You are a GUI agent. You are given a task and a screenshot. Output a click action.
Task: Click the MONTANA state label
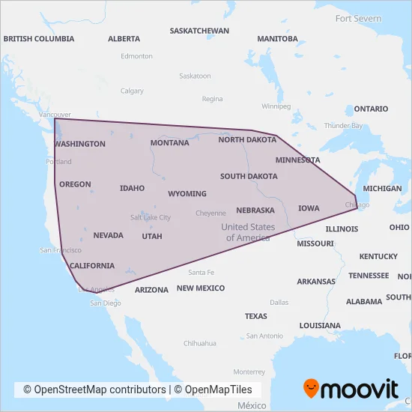coord(169,142)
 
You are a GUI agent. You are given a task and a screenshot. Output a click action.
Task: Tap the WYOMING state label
coord(187,193)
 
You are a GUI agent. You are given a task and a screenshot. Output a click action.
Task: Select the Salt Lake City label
coord(151,217)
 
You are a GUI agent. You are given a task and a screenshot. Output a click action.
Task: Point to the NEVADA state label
coord(108,235)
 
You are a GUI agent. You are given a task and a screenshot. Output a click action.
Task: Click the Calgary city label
coord(132,91)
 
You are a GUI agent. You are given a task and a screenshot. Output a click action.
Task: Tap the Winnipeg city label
coord(276,106)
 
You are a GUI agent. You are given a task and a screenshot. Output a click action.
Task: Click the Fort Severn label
coord(358,18)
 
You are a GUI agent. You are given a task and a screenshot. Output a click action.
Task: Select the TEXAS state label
coord(255,316)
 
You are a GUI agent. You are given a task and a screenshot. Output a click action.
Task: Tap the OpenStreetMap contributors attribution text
coord(94,390)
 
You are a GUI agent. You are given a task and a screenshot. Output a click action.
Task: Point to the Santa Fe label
coord(201,272)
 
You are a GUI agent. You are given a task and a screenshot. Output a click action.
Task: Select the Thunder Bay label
coord(343,125)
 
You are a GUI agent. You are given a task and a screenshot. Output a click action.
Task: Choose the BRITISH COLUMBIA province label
coord(39,38)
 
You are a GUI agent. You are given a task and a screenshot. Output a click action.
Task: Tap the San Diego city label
coord(105,303)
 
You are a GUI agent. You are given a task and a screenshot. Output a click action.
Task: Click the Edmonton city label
coord(136,55)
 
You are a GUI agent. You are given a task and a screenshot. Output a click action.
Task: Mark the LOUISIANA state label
coord(320,326)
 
